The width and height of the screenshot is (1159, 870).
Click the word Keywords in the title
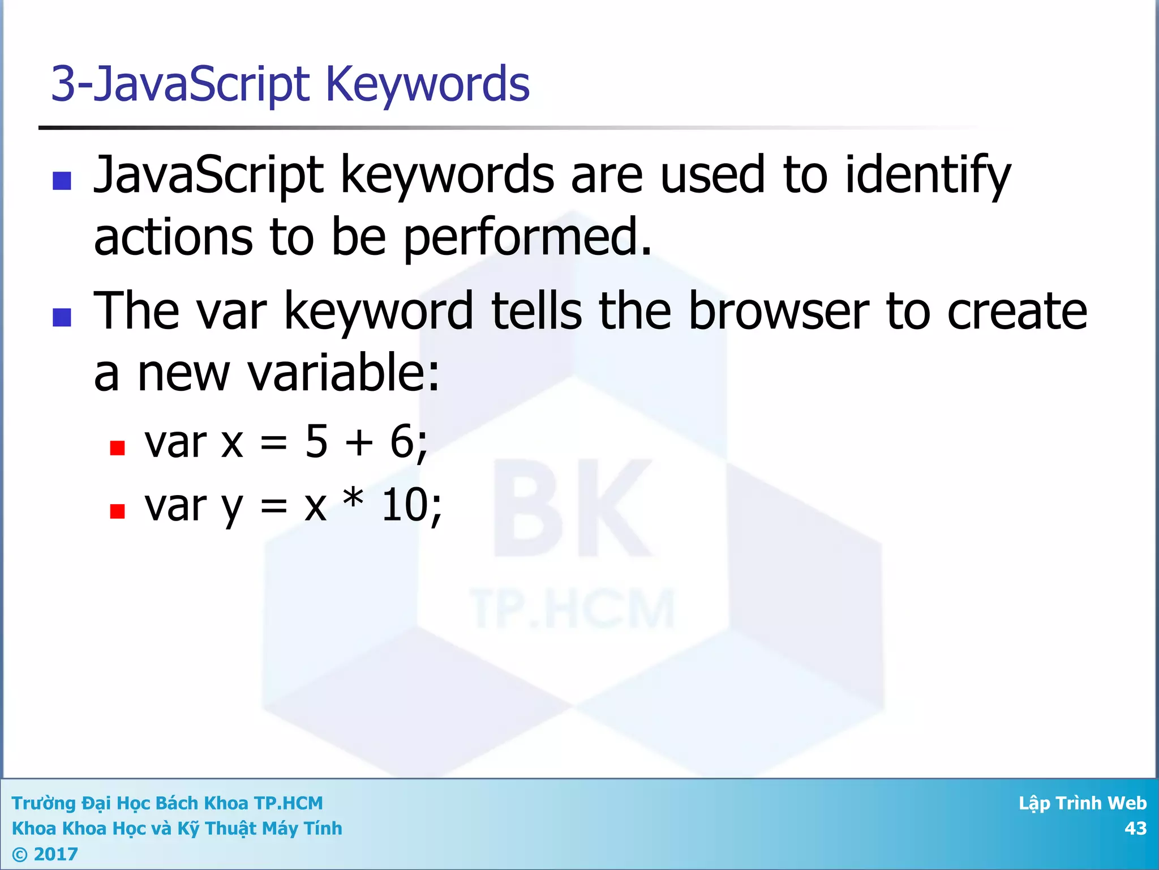point(427,84)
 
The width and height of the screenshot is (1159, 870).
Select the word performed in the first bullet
point(527,237)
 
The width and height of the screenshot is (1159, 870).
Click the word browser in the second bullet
point(779,311)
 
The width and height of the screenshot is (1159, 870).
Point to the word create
point(1016,311)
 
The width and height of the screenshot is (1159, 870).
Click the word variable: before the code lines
point(344,373)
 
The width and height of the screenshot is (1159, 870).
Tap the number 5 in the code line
point(316,442)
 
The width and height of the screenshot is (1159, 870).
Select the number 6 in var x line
point(402,442)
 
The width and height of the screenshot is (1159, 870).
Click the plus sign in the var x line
point(359,443)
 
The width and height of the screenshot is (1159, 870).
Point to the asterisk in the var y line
point(354,498)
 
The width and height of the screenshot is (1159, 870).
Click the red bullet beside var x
point(117,448)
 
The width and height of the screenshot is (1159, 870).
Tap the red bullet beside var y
point(117,511)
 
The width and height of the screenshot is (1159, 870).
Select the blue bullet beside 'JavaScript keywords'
point(62,181)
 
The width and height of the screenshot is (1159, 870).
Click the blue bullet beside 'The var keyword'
point(62,317)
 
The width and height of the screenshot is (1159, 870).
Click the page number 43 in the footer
point(1135,828)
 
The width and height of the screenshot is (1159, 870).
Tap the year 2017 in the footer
point(55,854)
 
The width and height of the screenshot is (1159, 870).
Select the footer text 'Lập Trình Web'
point(1082,803)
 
